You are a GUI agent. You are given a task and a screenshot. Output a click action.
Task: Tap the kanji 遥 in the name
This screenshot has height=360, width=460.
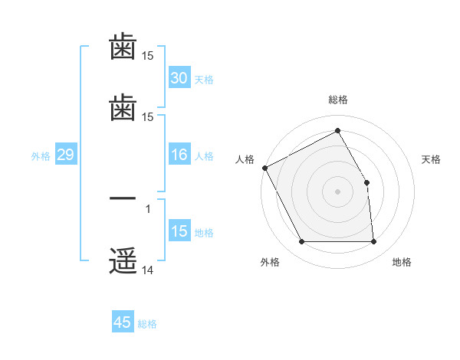123,260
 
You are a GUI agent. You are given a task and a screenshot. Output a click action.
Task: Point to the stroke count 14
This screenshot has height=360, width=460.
148,270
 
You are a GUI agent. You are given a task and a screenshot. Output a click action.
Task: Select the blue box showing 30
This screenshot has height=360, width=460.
179,78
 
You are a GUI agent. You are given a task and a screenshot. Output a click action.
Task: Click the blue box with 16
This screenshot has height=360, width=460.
179,155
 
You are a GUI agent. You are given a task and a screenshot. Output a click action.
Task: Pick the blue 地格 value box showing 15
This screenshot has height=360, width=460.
179,232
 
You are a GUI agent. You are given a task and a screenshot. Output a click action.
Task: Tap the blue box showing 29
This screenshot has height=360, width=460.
65,155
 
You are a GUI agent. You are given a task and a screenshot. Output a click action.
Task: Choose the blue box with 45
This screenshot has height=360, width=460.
123,322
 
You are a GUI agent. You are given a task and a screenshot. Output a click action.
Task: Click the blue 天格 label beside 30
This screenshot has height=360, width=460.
204,80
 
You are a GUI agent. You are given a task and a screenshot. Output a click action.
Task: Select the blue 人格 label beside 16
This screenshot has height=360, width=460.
204,156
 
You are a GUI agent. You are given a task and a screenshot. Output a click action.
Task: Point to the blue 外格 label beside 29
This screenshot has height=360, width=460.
41,156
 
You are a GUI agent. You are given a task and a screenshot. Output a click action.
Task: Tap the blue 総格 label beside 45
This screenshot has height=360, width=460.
147,324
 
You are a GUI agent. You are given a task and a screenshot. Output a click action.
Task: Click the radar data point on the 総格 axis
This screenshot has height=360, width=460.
337,131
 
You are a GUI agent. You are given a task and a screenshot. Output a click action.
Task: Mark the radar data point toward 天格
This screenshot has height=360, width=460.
366,182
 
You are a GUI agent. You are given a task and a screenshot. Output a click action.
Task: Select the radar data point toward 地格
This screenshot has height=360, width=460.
373,242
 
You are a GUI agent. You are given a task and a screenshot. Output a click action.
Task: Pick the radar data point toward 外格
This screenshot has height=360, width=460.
301,242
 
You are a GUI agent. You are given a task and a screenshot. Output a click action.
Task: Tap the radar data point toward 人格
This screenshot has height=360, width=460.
264,168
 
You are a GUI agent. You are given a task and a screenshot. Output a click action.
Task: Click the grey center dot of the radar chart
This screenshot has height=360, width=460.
337,191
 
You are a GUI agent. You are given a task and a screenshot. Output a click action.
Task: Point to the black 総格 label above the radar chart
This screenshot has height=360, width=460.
337,100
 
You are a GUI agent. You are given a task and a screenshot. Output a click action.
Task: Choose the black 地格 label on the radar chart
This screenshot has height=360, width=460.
402,262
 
